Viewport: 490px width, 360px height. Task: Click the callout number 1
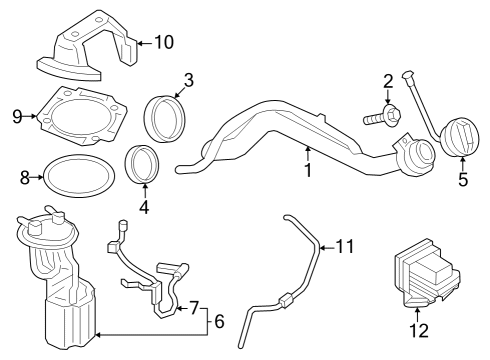[308, 170]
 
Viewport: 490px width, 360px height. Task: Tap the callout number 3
[187, 79]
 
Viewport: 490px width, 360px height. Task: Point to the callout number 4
[144, 208]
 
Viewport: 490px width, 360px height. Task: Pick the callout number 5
[462, 181]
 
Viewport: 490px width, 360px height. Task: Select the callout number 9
[17, 116]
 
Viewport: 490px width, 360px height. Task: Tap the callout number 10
[163, 42]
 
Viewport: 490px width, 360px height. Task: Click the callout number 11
[345, 245]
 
